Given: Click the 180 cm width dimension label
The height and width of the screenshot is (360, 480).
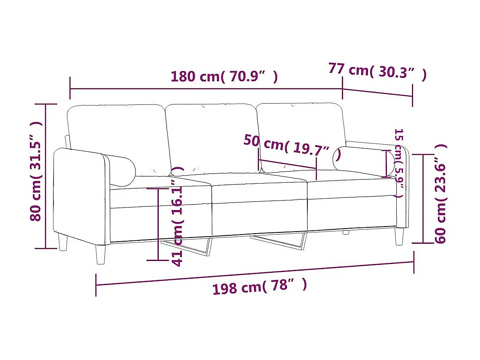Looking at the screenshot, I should click(x=224, y=77).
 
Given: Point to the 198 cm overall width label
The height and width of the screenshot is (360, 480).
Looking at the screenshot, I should click(x=259, y=287).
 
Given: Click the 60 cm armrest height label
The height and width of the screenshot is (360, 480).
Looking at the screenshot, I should click(x=440, y=194).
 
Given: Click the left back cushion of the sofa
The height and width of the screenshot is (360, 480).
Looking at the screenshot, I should click(x=118, y=135).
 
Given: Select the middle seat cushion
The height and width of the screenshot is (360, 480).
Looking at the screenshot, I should click(x=259, y=187).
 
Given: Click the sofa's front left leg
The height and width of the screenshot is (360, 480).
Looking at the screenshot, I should click(x=101, y=254).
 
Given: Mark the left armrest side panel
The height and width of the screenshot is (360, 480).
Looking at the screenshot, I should click(x=80, y=196).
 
